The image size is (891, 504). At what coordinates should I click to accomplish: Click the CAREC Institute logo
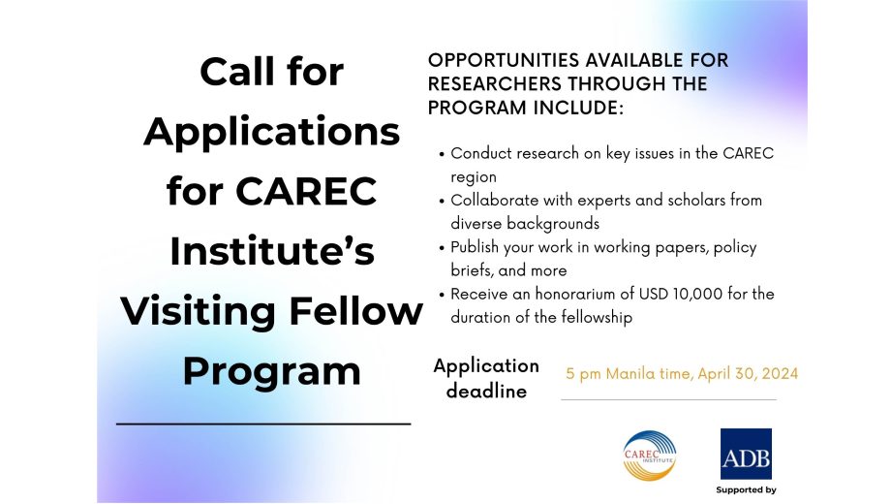click(650, 456)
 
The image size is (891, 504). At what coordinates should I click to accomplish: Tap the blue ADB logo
click(746, 454)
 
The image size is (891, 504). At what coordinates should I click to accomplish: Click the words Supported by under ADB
click(746, 489)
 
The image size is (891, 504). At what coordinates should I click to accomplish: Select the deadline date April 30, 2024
click(748, 374)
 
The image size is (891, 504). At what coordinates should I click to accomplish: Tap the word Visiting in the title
click(198, 312)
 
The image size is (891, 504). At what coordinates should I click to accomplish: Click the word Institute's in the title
click(272, 251)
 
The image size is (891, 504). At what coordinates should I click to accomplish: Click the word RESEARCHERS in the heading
click(494, 83)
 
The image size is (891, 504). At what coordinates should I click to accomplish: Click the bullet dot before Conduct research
click(442, 154)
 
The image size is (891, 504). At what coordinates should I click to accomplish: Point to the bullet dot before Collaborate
click(442, 202)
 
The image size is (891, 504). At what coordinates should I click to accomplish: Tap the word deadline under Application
click(486, 391)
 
